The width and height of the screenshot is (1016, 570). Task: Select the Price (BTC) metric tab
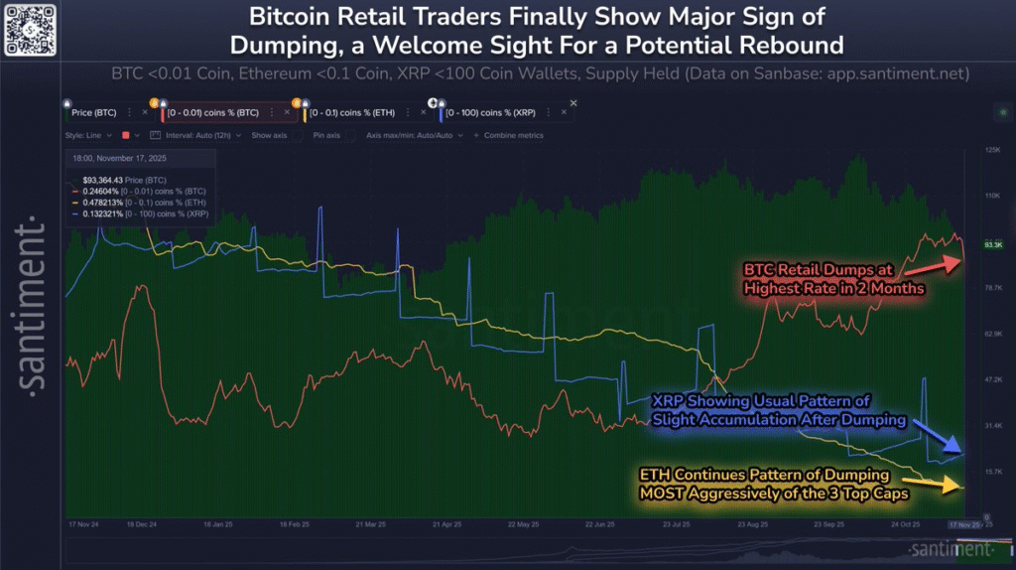[x=95, y=113]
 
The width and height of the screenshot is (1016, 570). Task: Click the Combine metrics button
[x=509, y=135]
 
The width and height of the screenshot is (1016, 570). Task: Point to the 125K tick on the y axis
[x=991, y=150]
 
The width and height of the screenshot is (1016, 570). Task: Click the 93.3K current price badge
[x=992, y=243]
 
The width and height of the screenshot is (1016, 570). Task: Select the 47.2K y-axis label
[x=991, y=379]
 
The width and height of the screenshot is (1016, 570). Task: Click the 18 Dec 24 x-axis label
[x=141, y=523]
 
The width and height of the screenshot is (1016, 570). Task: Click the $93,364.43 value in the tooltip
[x=104, y=179]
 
